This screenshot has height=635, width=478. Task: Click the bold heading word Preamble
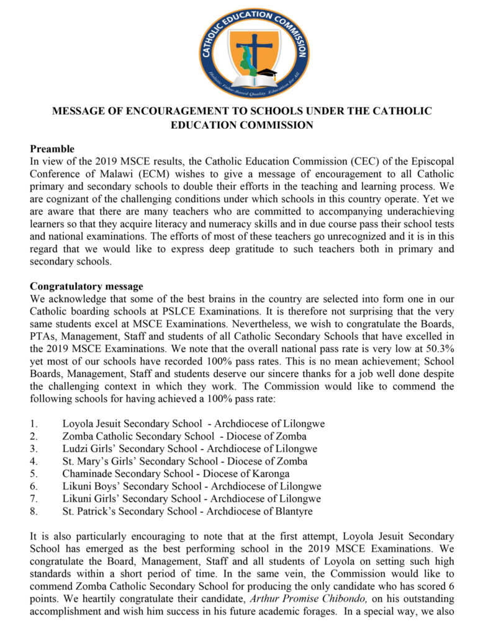pyautogui.click(x=52, y=149)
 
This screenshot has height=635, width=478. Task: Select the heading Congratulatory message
pyautogui.click(x=87, y=286)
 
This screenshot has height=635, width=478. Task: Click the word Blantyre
pyautogui.click(x=292, y=511)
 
